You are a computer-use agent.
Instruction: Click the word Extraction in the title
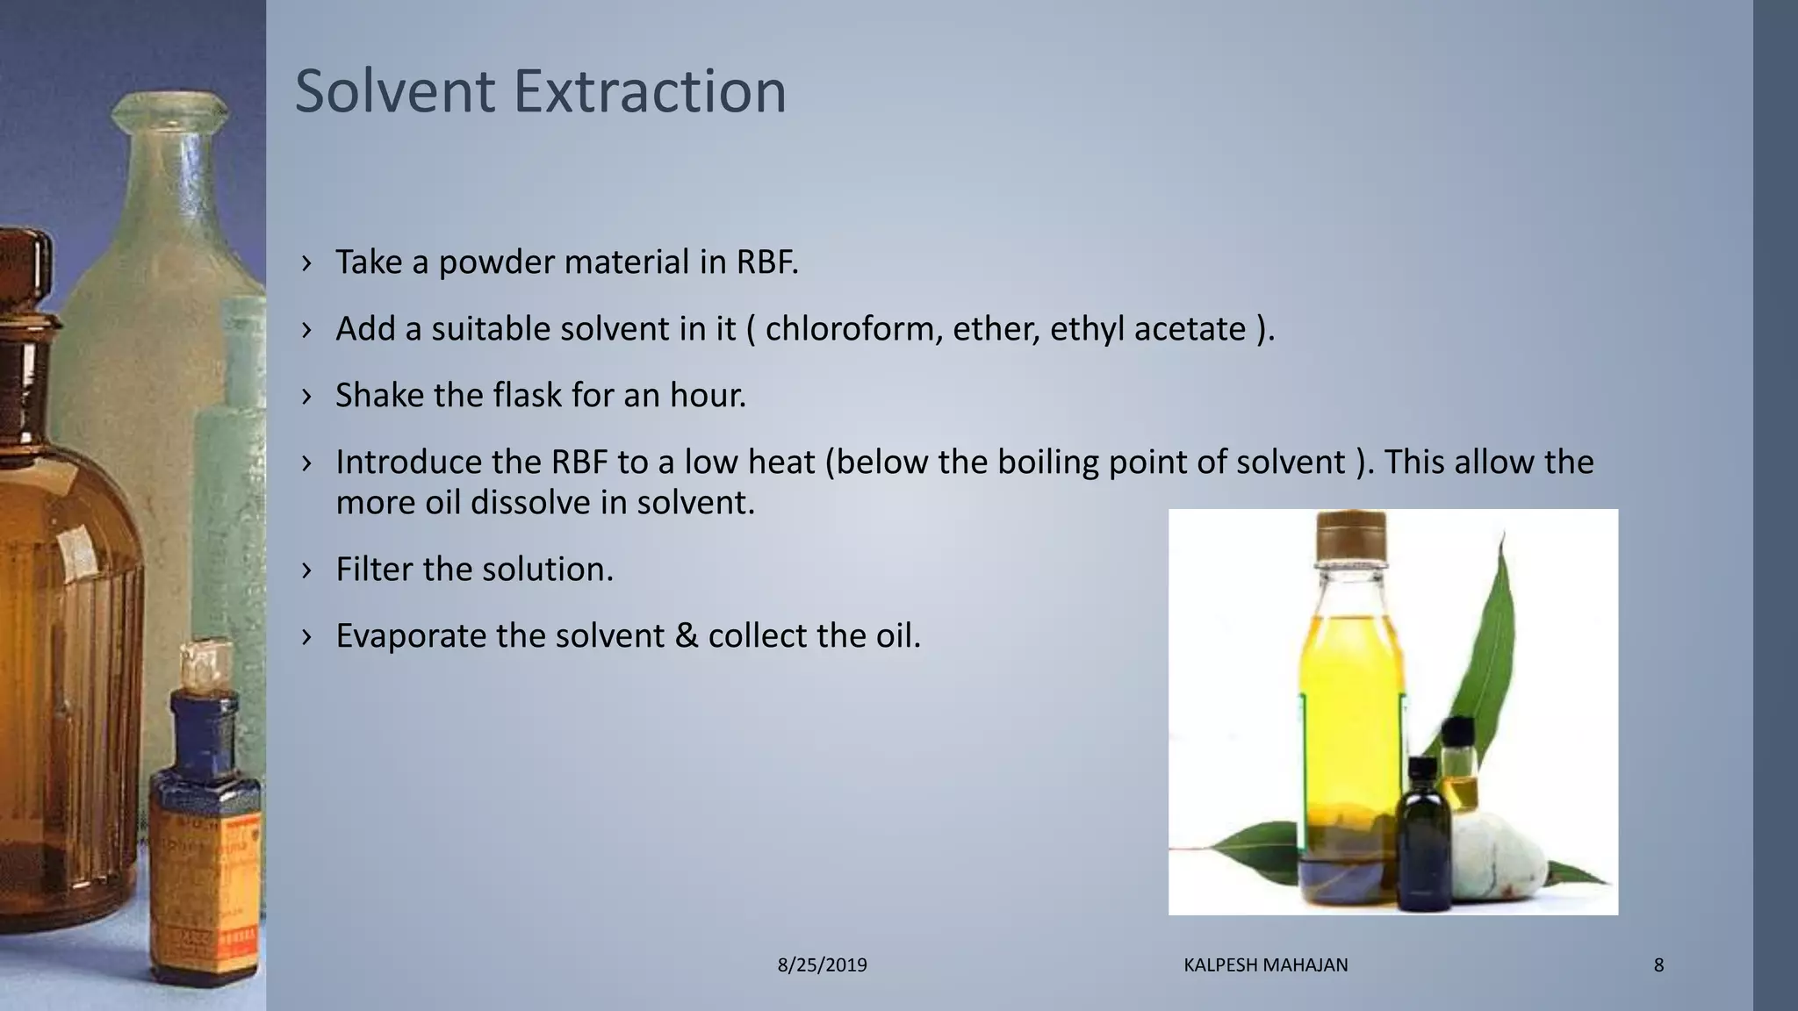(650, 91)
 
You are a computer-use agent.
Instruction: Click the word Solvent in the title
(394, 91)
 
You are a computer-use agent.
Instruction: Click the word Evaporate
(411, 636)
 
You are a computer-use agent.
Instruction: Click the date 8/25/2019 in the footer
(823, 965)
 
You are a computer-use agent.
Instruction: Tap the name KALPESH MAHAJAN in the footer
(1266, 965)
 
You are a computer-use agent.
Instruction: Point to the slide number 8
(1658, 965)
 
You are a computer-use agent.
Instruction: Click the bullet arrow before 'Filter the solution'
(306, 570)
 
